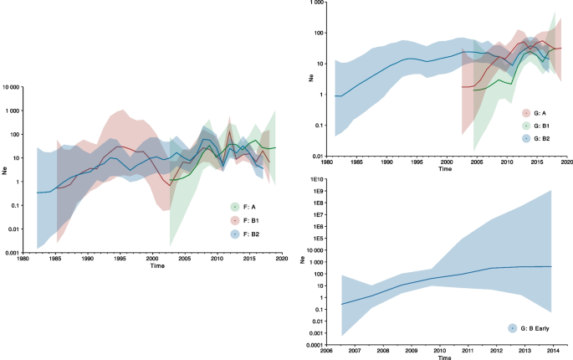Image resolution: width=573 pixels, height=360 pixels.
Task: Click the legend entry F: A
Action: click(x=243, y=206)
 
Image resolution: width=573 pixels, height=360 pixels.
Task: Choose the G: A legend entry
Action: click(x=535, y=112)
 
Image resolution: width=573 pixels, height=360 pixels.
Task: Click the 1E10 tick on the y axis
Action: click(x=313, y=180)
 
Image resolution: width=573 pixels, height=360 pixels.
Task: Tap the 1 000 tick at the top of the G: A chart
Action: click(x=315, y=3)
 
